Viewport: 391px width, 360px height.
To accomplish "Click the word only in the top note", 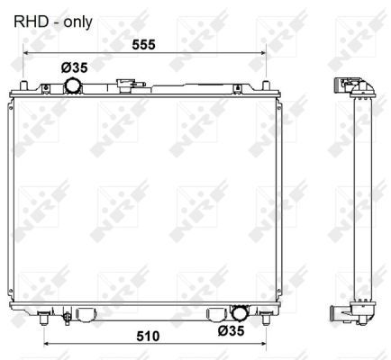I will pyautogui.click(x=76, y=20).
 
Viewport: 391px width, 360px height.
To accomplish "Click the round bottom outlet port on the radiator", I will pyautogui.click(x=240, y=313).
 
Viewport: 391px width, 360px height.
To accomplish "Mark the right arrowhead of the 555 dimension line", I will pyautogui.click(x=264, y=52).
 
